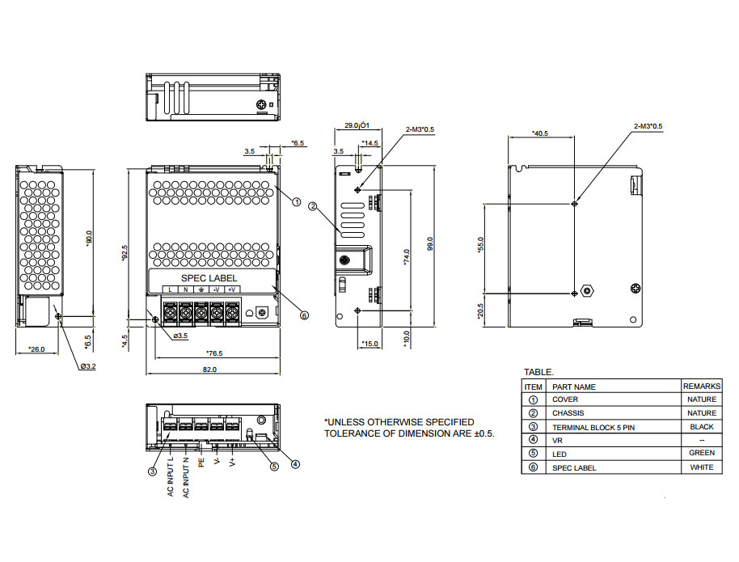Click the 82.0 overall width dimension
[209, 370]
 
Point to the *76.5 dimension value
[214, 353]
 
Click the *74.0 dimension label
[406, 256]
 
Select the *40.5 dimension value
[540, 133]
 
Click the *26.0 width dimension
[36, 349]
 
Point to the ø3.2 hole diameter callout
[88, 366]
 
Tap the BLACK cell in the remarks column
[702, 426]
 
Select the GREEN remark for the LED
[702, 454]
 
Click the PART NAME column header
[573, 387]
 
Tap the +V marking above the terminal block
[231, 289]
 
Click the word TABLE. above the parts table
[539, 372]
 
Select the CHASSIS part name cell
[566, 413]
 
